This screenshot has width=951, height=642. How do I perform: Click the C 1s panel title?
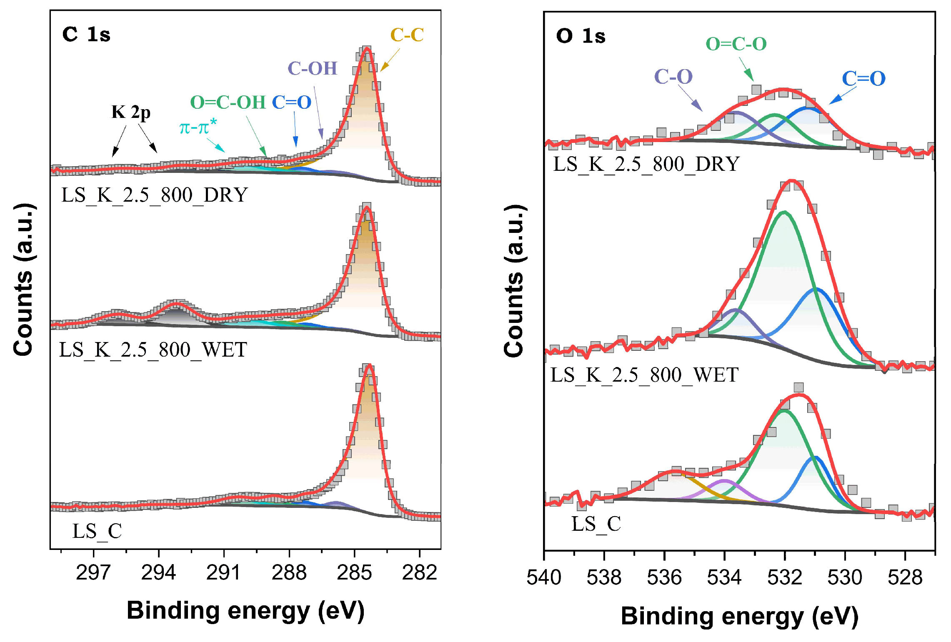(x=86, y=34)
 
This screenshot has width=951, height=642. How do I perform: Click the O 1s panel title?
(x=581, y=36)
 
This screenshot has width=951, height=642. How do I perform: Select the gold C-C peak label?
(x=407, y=35)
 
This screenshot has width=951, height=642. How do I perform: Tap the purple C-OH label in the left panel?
(x=312, y=68)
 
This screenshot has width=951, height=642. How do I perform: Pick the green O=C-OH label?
(x=228, y=102)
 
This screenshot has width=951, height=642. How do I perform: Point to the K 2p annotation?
(x=131, y=112)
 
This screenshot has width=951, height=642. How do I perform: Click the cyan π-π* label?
(x=198, y=127)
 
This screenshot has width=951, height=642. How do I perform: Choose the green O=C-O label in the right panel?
(x=736, y=44)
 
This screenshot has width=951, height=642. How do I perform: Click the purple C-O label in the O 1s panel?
(x=673, y=77)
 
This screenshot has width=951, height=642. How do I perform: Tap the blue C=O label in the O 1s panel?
(x=863, y=78)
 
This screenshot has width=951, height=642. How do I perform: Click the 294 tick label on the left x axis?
(x=158, y=573)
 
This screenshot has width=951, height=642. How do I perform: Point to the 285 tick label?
(x=354, y=573)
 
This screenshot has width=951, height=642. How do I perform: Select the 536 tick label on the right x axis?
(x=664, y=578)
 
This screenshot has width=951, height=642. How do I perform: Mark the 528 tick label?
(x=905, y=578)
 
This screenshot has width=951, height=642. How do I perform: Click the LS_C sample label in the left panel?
(x=97, y=531)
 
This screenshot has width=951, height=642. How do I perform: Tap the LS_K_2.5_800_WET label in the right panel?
(x=644, y=375)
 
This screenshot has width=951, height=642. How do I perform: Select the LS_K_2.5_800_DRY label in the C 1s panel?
(x=155, y=195)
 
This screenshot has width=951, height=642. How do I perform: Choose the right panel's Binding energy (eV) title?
(x=739, y=616)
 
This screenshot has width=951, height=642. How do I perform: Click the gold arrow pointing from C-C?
(x=390, y=60)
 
